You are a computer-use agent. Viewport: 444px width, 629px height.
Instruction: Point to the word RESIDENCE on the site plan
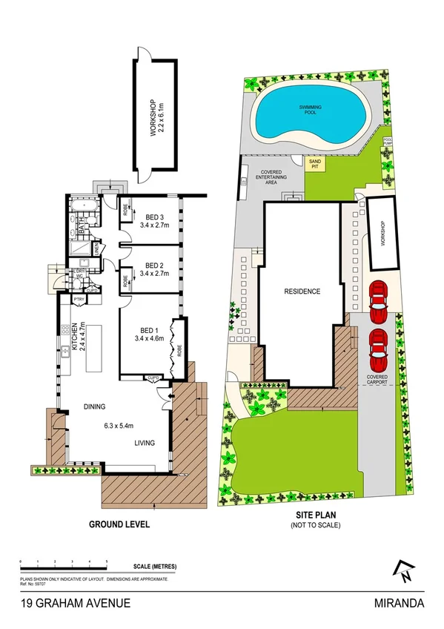click(302, 292)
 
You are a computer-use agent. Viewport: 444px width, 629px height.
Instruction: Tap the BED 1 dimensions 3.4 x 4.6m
click(153, 338)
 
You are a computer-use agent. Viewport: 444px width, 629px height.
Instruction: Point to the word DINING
click(97, 406)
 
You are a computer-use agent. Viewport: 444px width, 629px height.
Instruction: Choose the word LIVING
click(145, 444)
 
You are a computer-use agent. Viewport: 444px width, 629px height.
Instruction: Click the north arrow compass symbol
click(405, 569)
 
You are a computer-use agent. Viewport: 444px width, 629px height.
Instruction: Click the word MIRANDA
click(400, 604)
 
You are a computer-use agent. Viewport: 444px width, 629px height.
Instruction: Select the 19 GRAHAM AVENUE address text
click(76, 604)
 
